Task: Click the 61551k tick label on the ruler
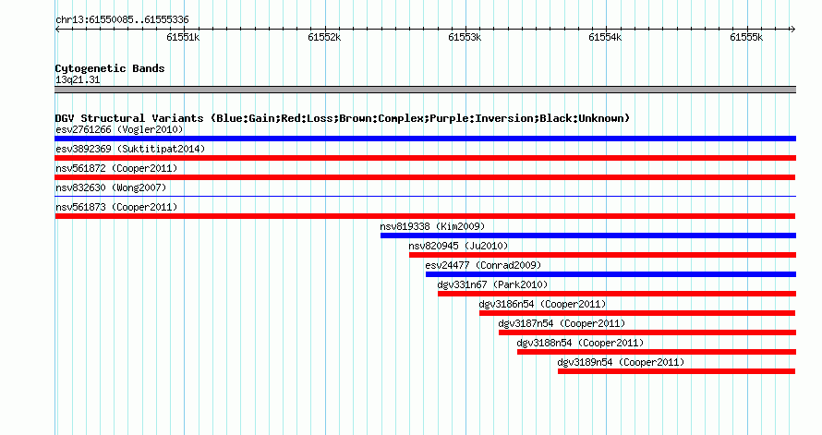[183, 37]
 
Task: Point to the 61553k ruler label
[465, 37]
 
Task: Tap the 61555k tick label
[746, 37]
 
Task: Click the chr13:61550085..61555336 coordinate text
[122, 20]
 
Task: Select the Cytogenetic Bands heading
[110, 68]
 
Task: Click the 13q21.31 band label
[78, 79]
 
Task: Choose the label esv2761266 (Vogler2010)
[119, 129]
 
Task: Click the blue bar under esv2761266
[425, 139]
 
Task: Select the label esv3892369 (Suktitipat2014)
[130, 149]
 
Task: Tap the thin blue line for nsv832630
[425, 197]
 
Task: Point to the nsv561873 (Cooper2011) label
[116, 207]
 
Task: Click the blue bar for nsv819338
[588, 236]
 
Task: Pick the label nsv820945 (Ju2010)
[458, 246]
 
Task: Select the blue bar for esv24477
[610, 274]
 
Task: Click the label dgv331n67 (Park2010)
[492, 284]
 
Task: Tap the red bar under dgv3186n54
[637, 313]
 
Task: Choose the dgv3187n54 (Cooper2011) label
[562, 323]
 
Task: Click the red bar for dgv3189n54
[677, 371]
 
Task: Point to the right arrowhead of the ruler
[794, 30]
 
